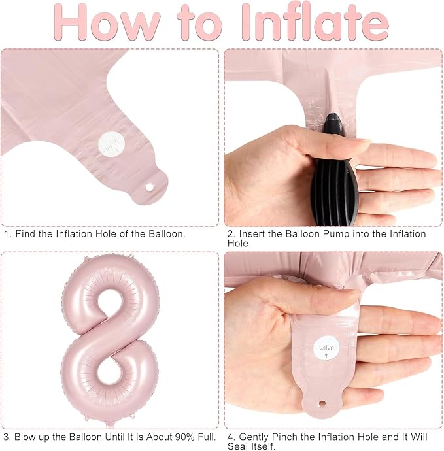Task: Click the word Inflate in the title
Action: [315, 22]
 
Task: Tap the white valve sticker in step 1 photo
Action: [112, 143]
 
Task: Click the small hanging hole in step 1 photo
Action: [150, 188]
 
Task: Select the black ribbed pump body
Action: [335, 190]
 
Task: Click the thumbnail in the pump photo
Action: [359, 141]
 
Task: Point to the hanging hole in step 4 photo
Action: [322, 403]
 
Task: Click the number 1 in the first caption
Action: [7, 234]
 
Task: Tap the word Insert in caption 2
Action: [252, 234]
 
